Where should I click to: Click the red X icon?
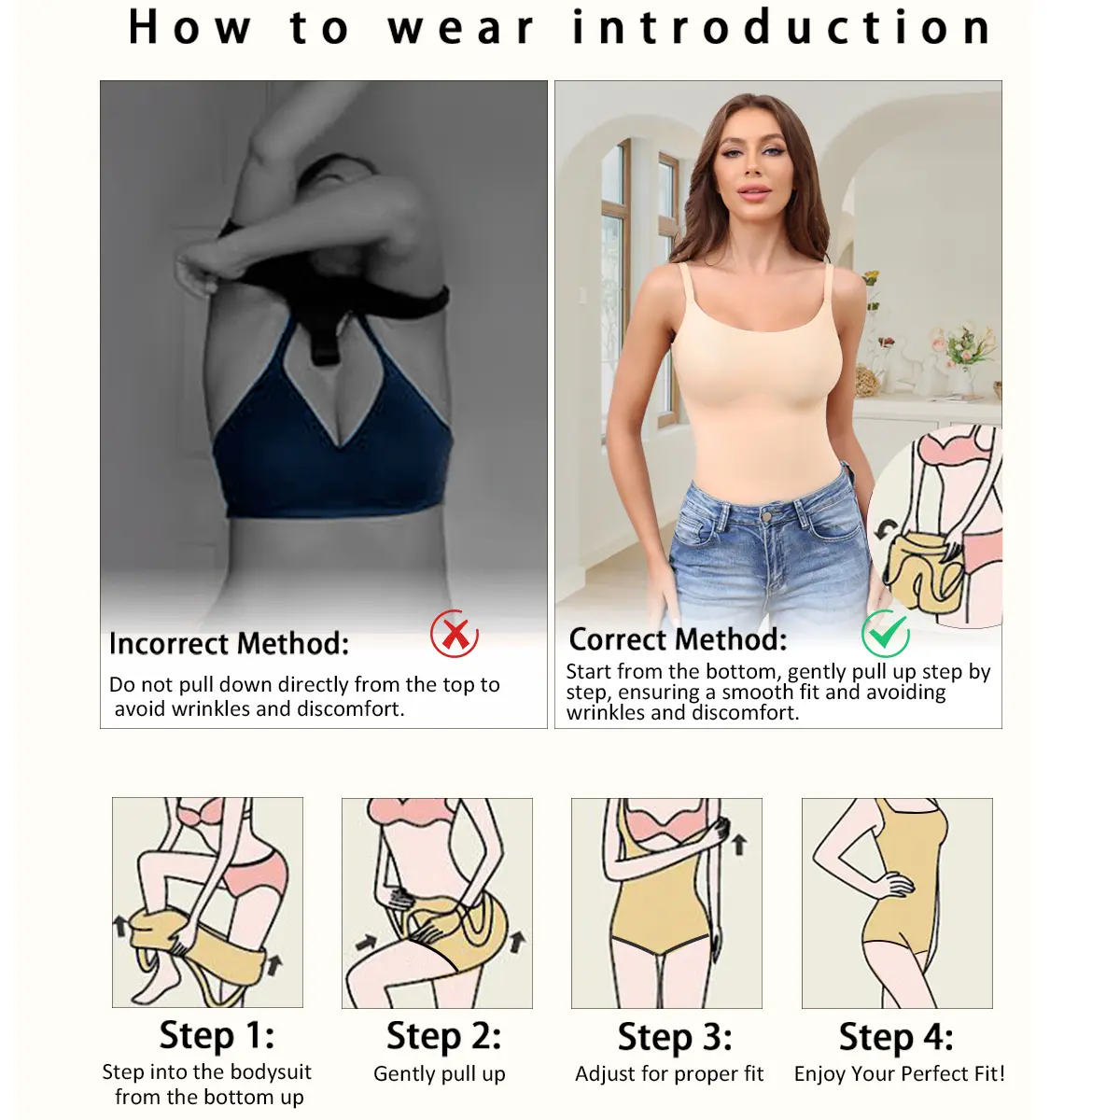coord(455,633)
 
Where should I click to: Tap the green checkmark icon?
coord(886,633)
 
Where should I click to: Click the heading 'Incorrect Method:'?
coord(229,644)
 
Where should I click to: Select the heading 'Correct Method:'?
coord(678,639)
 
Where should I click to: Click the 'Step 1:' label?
coord(217,1035)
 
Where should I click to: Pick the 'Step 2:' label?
coord(443,1036)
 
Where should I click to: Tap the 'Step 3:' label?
coord(675,1036)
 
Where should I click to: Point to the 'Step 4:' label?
coord(896,1036)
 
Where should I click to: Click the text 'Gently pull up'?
coord(440,1074)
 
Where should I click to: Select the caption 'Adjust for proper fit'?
coord(669,1073)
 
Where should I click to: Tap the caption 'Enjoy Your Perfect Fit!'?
coord(900,1073)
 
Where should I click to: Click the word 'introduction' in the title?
coord(782,27)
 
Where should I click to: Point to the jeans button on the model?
coord(766,516)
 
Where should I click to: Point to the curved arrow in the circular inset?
coord(886,532)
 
